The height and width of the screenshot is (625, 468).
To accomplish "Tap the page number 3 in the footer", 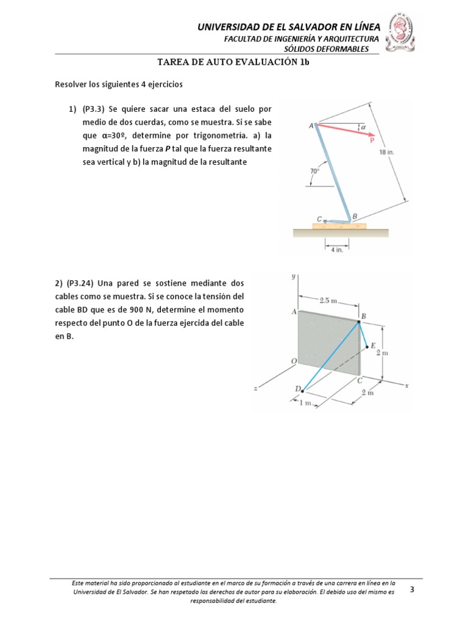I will point(412,590).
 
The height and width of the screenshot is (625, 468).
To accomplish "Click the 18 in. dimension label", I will point(386,153).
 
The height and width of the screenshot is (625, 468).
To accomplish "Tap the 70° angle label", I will point(314,172).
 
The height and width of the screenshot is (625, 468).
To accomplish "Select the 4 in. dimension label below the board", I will point(336,249).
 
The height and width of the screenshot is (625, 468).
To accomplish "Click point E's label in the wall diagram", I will point(373,346).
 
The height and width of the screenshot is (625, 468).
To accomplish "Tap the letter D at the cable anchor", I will point(298,389).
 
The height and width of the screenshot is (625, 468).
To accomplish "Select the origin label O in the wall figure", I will point(294,361).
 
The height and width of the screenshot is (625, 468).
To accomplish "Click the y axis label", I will point(294,276).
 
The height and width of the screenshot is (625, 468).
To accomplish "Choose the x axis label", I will point(405,386).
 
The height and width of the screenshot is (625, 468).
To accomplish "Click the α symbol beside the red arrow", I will point(363,127).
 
